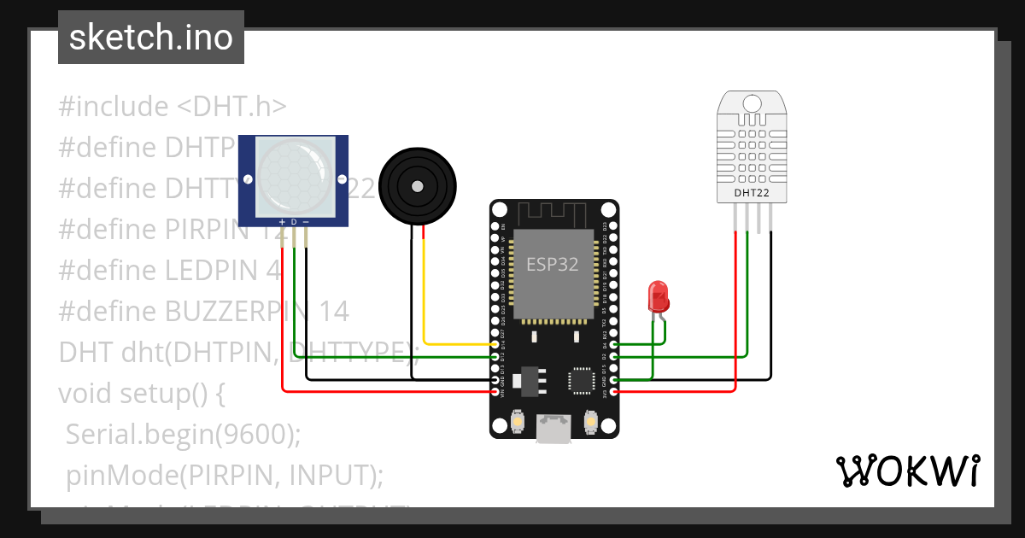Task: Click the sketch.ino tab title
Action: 150,38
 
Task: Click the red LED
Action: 659,295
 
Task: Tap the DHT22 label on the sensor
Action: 751,192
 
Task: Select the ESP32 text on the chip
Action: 552,265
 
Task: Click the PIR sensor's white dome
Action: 292,178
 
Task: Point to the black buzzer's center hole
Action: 417,186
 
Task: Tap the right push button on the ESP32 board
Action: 590,421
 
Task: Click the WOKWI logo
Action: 907,471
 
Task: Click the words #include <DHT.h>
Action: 173,107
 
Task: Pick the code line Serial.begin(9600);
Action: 183,434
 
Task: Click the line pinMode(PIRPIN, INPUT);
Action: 225,474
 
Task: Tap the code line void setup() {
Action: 141,393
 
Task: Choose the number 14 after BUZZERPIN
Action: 333,312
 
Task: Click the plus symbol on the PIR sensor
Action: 282,222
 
